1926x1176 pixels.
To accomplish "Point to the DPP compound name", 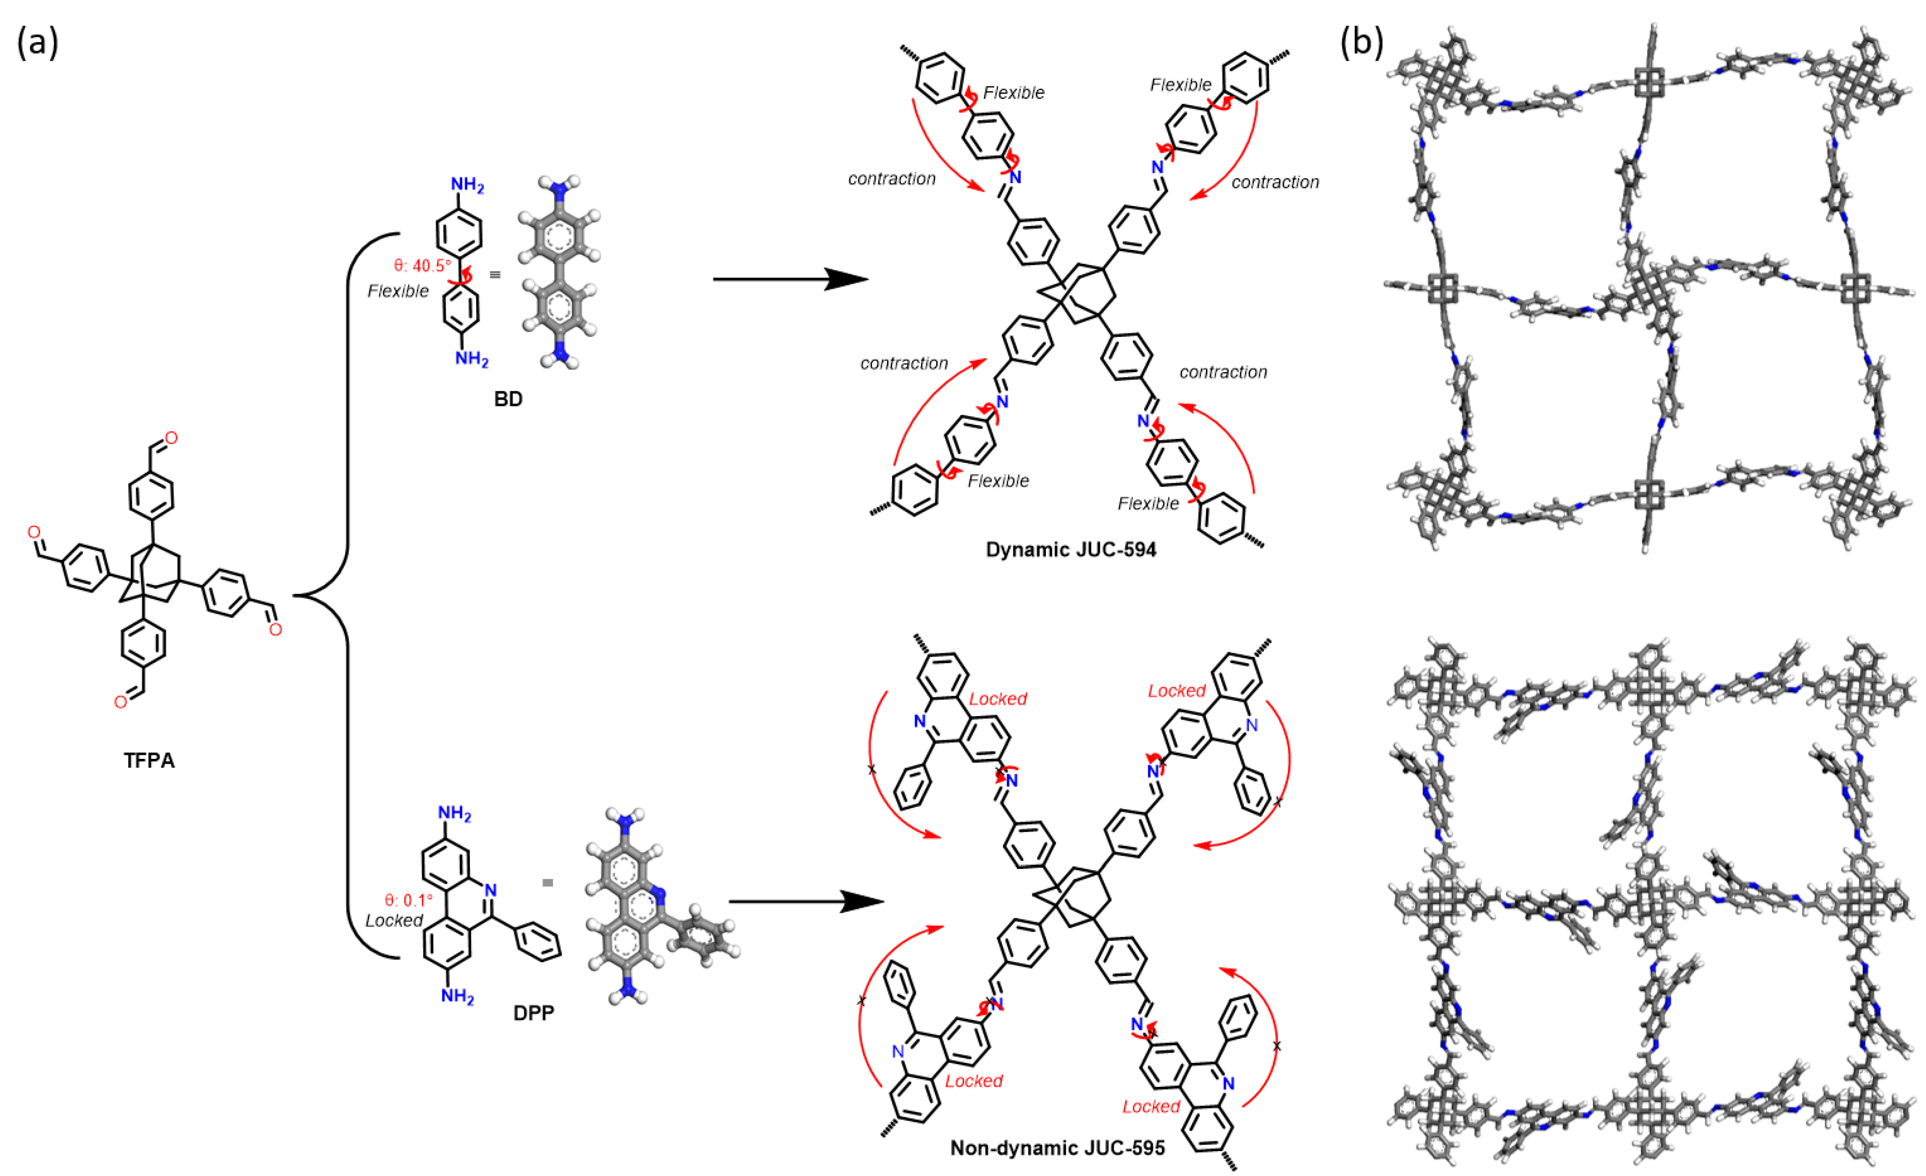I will (x=534, y=1013).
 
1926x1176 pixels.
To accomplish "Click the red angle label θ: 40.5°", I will (x=422, y=266).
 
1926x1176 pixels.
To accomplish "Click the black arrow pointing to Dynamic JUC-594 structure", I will (x=790, y=279).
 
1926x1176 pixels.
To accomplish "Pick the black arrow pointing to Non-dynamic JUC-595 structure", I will (x=805, y=902).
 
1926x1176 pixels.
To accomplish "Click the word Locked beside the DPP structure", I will (x=394, y=921).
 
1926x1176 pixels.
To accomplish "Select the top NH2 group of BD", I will (x=467, y=185).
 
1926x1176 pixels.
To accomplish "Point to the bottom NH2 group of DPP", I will (x=457, y=996).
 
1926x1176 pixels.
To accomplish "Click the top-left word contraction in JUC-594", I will (x=891, y=179).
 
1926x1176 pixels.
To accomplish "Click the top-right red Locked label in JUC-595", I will (x=1177, y=691).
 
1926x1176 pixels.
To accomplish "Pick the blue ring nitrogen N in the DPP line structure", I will (x=490, y=890).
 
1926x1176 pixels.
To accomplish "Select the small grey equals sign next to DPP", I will (x=548, y=883).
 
